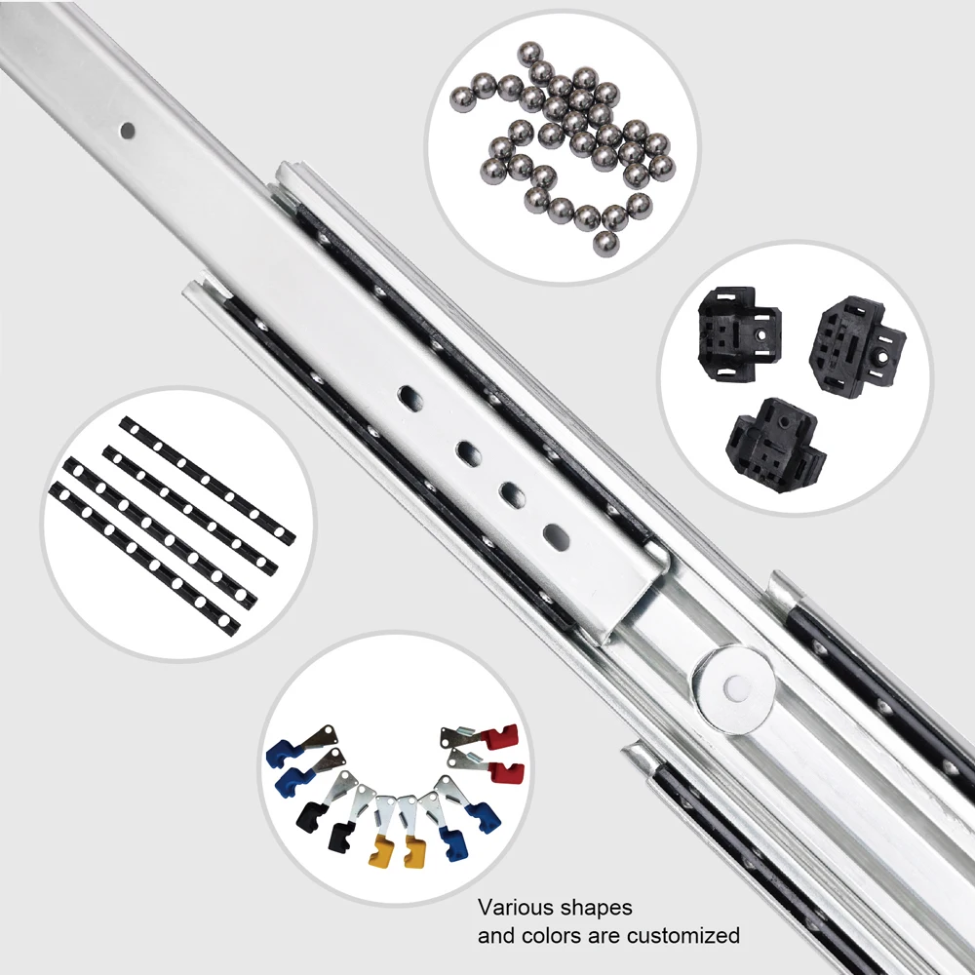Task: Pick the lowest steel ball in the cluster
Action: coord(605,243)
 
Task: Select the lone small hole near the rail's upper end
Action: coord(127,128)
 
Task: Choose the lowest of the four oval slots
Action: coord(556,534)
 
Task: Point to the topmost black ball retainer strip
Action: coord(208,478)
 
